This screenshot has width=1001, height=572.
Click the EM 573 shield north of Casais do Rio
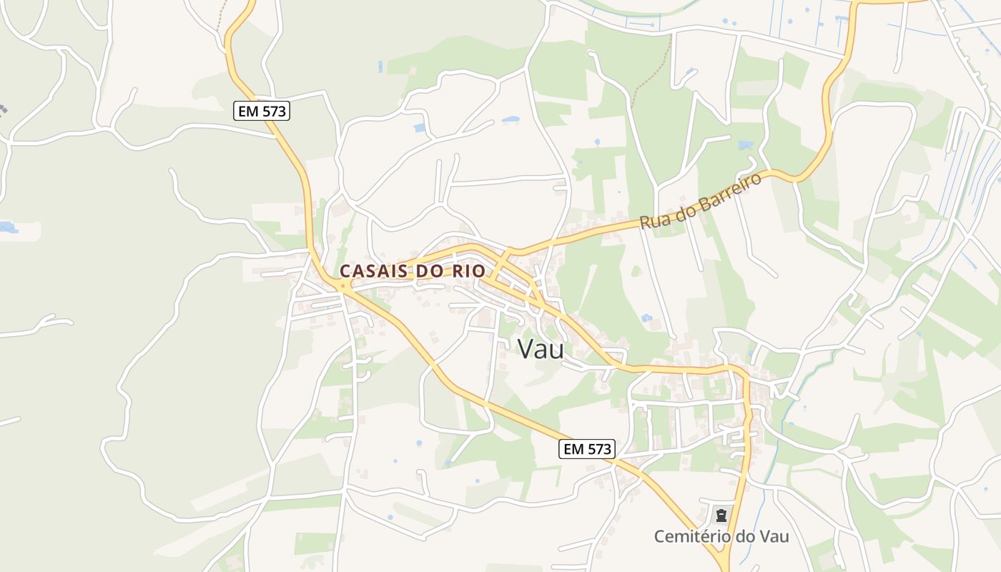pos(262,111)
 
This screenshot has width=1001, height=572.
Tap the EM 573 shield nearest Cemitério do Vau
pos(586,449)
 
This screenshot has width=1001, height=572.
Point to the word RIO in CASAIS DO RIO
pos(468,271)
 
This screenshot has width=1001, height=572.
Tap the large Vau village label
pos(540,349)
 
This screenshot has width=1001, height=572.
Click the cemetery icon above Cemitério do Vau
pos(721,514)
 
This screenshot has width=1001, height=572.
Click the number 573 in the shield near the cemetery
pos(598,449)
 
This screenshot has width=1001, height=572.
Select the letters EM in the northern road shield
pos(248,111)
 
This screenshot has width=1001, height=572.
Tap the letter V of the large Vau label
pos(526,349)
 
